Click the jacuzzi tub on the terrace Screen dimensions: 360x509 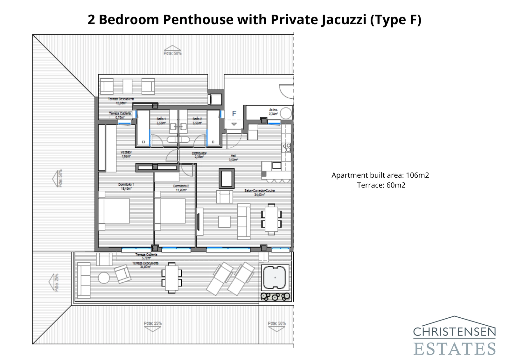(x=275, y=277)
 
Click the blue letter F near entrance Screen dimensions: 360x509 (x=234, y=114)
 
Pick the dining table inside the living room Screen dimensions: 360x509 (x=271, y=219)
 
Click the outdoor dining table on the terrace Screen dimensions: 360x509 (x=172, y=277)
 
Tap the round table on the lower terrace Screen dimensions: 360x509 (x=104, y=278)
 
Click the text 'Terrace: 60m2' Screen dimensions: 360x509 (x=381, y=185)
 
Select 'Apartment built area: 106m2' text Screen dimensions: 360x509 (x=380, y=175)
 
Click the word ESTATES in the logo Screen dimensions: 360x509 (x=455, y=349)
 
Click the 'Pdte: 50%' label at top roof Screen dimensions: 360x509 (x=172, y=53)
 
